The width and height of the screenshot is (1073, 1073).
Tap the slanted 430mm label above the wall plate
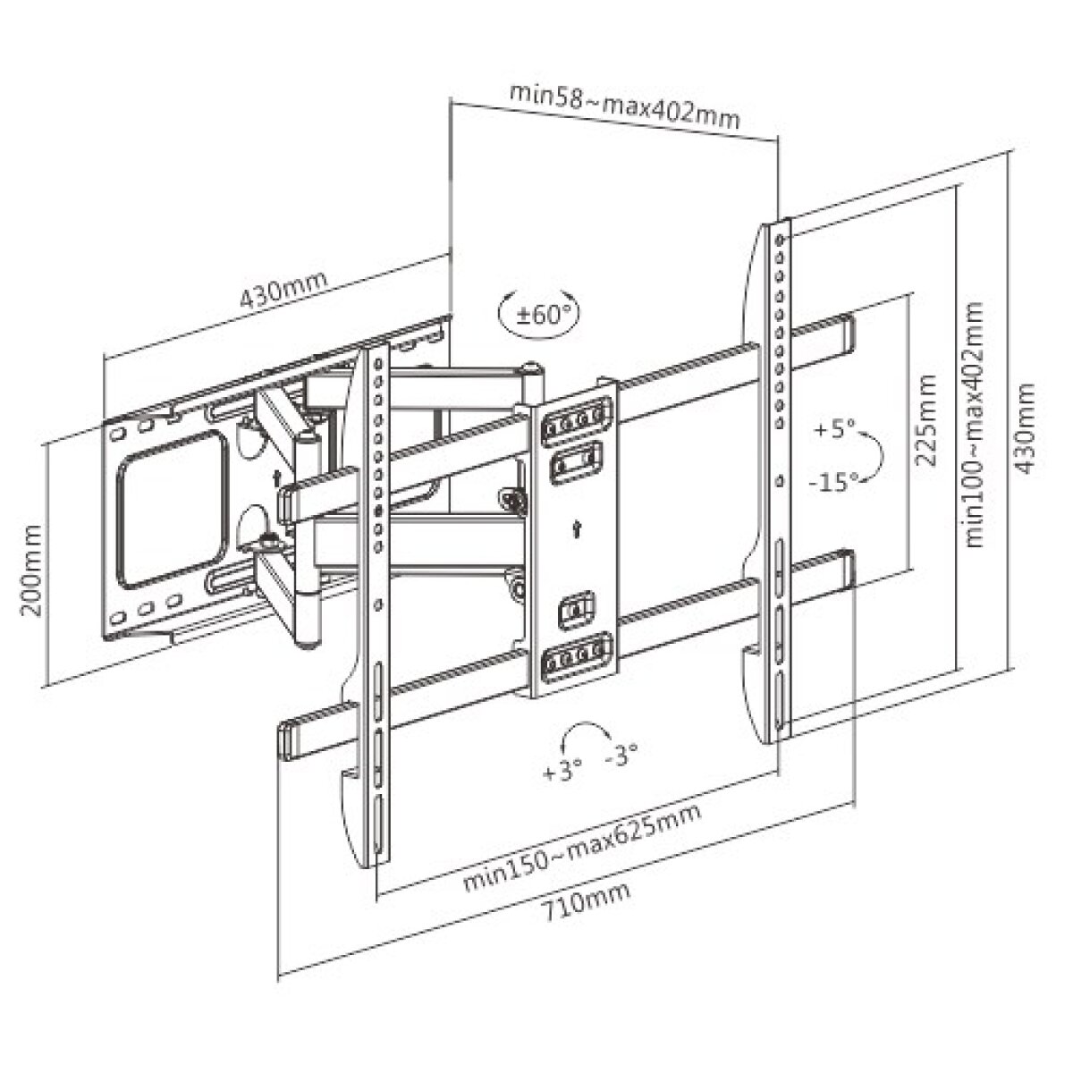click(283, 286)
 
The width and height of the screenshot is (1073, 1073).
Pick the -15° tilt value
click(832, 482)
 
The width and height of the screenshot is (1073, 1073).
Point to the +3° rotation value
click(562, 770)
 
